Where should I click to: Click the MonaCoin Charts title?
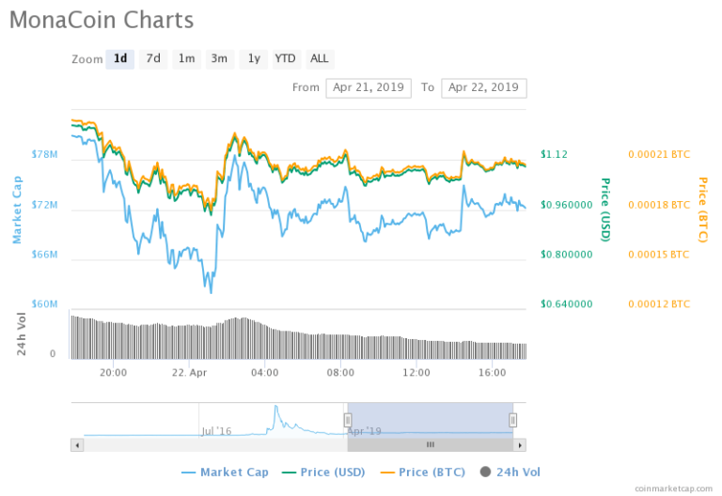102,21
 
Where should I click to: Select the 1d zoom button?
119,58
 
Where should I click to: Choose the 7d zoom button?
153,58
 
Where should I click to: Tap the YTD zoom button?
285,58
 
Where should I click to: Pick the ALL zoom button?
320,58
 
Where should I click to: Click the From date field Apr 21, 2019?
369,87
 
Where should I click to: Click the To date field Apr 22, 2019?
483,87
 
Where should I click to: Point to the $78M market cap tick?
45,154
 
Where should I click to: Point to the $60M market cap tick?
45,304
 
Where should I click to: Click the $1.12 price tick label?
555,154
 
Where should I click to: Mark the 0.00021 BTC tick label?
658,154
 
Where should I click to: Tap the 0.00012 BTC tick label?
658,304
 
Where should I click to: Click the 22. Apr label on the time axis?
191,372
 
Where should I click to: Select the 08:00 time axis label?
340,372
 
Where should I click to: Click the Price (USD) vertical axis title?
605,209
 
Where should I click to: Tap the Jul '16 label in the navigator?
216,431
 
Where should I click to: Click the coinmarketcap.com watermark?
673,488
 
